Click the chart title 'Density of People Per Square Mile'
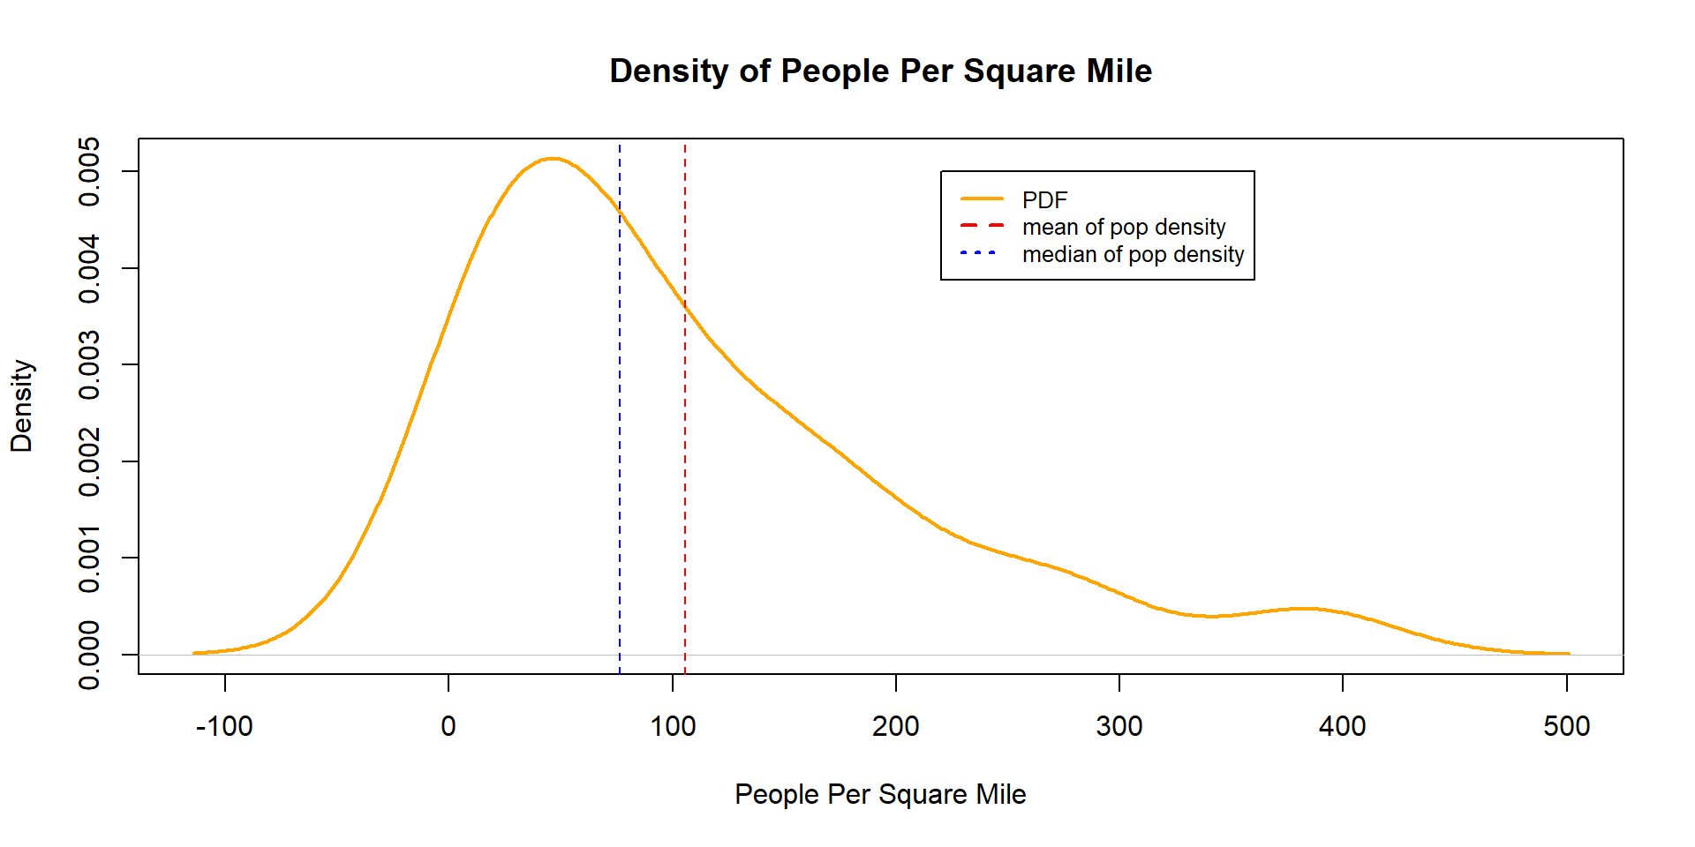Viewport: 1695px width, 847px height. click(x=880, y=71)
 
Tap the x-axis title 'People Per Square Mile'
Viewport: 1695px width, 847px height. click(x=880, y=794)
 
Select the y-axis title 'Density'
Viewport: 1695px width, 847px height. click(x=21, y=406)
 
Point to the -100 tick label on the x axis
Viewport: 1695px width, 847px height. click(x=224, y=726)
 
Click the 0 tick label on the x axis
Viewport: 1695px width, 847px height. click(x=448, y=726)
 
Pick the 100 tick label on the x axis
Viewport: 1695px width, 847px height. click(x=673, y=726)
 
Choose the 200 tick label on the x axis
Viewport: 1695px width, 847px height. click(x=896, y=726)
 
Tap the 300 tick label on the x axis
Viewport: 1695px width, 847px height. click(x=1119, y=726)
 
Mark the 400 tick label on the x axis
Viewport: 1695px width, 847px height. click(x=1343, y=726)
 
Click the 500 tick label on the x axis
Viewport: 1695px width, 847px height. click(x=1567, y=726)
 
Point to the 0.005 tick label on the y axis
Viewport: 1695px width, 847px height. click(x=89, y=171)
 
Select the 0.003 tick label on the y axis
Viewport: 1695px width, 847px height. click(x=89, y=364)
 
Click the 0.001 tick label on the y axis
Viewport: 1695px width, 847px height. click(x=89, y=558)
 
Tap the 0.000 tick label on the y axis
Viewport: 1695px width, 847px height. click(x=89, y=655)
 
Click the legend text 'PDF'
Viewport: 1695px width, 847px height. click(x=1044, y=199)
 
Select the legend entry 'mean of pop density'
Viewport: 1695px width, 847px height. click(x=1124, y=227)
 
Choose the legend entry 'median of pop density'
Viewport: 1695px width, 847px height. click(x=1133, y=254)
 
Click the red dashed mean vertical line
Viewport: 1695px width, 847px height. click(x=685, y=441)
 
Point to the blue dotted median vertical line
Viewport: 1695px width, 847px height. click(x=620, y=441)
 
